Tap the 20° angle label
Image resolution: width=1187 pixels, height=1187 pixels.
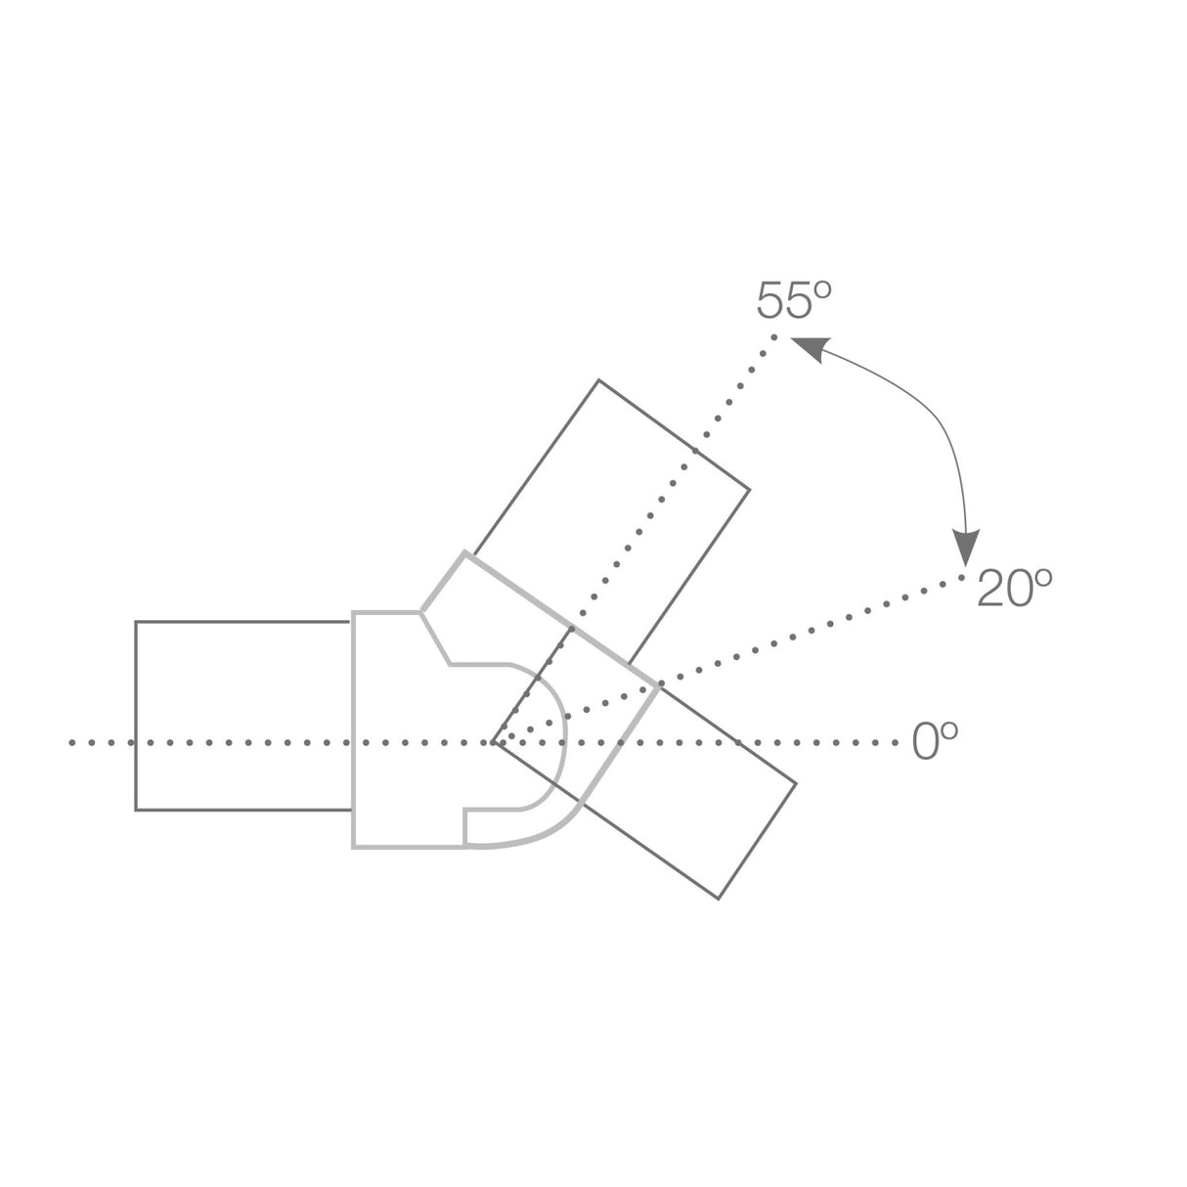click(x=1014, y=590)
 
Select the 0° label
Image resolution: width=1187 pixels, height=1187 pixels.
click(x=934, y=742)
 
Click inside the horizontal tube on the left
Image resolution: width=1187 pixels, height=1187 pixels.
click(x=242, y=716)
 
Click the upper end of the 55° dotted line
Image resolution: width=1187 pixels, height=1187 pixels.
click(x=774, y=337)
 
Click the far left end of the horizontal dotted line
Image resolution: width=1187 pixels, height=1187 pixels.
click(x=73, y=743)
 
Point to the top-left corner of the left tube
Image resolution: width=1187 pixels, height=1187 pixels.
click(x=136, y=622)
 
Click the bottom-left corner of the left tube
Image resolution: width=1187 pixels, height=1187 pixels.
click(x=136, y=810)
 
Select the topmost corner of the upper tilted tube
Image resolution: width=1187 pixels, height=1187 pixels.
click(x=598, y=380)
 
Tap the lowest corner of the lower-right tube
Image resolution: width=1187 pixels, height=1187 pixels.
click(x=719, y=899)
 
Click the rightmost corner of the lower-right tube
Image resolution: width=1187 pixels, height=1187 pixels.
click(x=796, y=783)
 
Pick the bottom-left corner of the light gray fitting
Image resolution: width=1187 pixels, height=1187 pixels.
click(x=354, y=846)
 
